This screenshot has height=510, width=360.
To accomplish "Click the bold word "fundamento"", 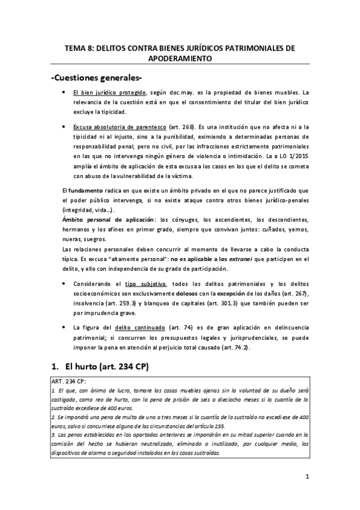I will click(x=88, y=191).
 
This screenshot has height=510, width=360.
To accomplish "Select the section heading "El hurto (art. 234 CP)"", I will click(x=107, y=367).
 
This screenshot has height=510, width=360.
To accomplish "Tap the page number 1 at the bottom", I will click(x=307, y=478).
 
